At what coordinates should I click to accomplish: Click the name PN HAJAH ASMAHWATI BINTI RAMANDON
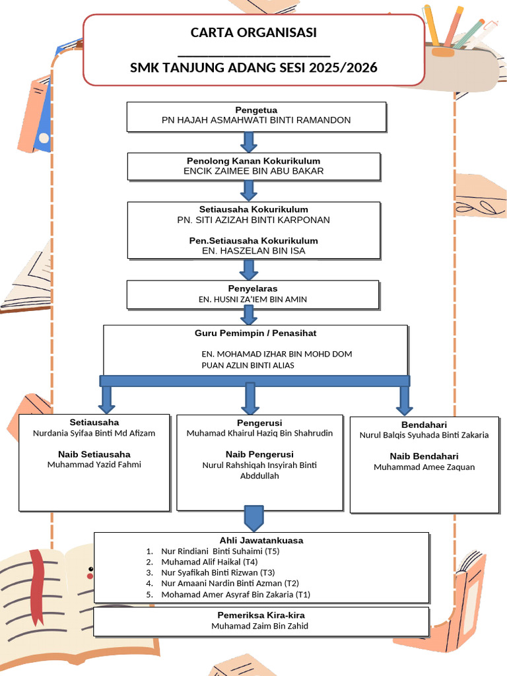coord(256,120)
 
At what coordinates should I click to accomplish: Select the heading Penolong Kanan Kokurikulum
coord(253,161)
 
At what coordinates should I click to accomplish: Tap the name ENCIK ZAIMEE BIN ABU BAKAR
coord(253,171)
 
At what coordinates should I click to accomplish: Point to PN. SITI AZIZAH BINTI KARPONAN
coord(253,220)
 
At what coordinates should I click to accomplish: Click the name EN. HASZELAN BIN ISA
coord(253,251)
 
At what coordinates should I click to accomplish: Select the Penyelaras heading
coord(253,288)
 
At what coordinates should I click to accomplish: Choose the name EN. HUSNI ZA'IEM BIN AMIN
coord(253,300)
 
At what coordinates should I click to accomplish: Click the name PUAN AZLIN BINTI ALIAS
coord(248,365)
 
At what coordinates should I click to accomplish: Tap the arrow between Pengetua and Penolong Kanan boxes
coord(249,142)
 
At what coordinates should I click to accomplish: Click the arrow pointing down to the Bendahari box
coord(405,400)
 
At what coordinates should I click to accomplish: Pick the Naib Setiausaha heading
coord(94,454)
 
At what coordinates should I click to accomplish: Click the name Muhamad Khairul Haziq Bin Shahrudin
coord(259,434)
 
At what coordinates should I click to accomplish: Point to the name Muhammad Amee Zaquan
coord(424,467)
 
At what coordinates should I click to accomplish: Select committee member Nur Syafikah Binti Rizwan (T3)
coord(218,572)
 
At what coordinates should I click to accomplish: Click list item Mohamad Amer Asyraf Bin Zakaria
coord(235,594)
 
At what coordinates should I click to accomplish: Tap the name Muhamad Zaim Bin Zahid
coord(259,626)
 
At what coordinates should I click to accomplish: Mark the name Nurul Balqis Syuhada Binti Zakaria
coord(424,435)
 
